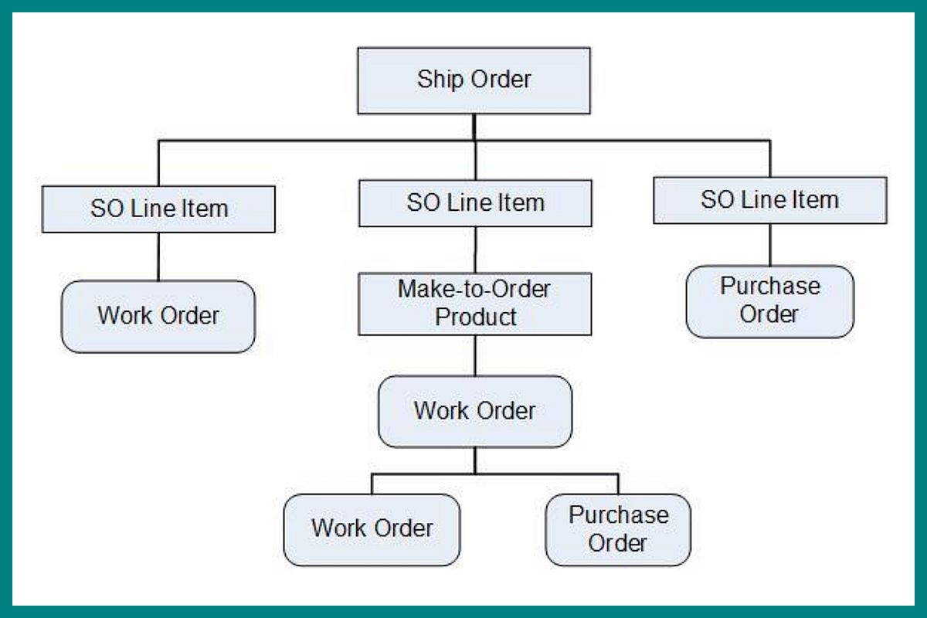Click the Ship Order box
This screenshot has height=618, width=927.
pyautogui.click(x=474, y=80)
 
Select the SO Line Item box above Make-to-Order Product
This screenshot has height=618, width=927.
pyautogui.click(x=475, y=203)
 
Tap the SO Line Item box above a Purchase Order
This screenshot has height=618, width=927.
pyautogui.click(x=769, y=200)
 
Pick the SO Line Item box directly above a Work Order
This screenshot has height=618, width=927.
pyautogui.click(x=158, y=209)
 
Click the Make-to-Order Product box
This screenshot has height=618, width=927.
pyautogui.click(x=475, y=303)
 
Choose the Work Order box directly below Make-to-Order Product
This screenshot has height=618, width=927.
pyautogui.click(x=475, y=411)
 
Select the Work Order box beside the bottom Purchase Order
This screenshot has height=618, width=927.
pyautogui.click(x=372, y=529)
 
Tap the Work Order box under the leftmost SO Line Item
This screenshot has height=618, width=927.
pyautogui.click(x=158, y=316)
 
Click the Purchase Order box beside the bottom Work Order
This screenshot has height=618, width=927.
pyautogui.click(x=617, y=529)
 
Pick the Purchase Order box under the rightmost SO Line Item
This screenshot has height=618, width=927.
pyautogui.click(x=769, y=301)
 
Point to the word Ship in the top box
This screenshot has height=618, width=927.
pyautogui.click(x=435, y=80)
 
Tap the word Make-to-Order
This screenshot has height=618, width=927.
pyautogui.click(x=474, y=290)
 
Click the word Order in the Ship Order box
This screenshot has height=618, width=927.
pyautogui.click(x=501, y=80)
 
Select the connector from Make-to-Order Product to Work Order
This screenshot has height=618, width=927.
pyautogui.click(x=475, y=355)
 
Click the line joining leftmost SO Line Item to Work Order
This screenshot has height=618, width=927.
pyautogui.click(x=158, y=256)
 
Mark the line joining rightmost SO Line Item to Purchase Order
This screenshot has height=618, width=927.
pyautogui.click(x=769, y=245)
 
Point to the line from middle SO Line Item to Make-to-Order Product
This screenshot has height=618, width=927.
pyautogui.click(x=475, y=249)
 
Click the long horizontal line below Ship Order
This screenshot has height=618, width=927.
pyautogui.click(x=309, y=141)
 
